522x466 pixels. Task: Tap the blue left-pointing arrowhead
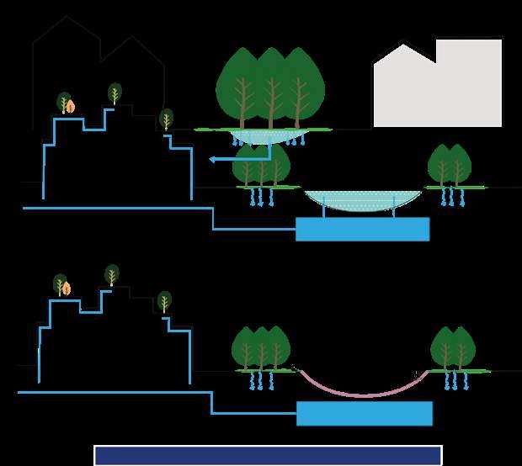(x=213, y=159)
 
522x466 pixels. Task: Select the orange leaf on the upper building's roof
(x=71, y=107)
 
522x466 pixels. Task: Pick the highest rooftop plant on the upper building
(x=115, y=93)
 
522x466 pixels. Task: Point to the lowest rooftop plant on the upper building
(x=167, y=119)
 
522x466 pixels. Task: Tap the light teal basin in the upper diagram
(x=362, y=200)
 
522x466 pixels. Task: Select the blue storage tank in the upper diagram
(x=362, y=229)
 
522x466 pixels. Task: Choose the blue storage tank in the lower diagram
(x=364, y=413)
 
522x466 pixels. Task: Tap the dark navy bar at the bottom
(x=268, y=455)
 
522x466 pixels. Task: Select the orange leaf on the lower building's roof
(x=67, y=289)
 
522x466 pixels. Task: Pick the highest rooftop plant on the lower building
(x=112, y=274)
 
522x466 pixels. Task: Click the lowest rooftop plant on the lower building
(x=164, y=301)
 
